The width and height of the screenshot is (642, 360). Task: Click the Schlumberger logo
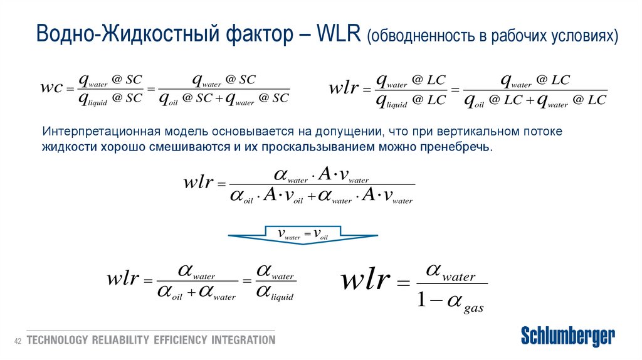pyautogui.click(x=568, y=336)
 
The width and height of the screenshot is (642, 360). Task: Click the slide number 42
pyautogui.click(x=18, y=341)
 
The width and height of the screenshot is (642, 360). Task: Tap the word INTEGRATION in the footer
pyautogui.click(x=243, y=341)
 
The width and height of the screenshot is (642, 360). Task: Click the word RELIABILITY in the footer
pyautogui.click(x=120, y=341)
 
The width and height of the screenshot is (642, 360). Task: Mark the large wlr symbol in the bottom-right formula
pyautogui.click(x=366, y=280)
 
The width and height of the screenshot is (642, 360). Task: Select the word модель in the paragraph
pyautogui.click(x=182, y=132)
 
